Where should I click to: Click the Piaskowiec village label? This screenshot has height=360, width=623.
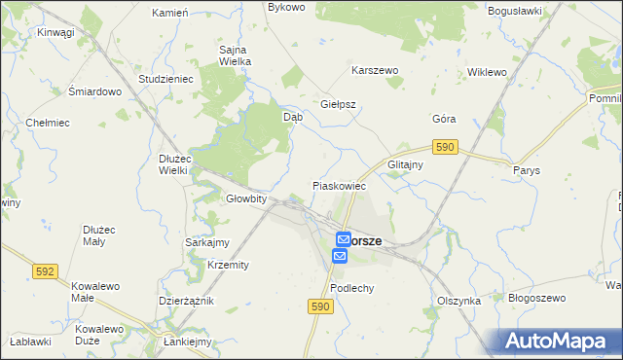pyautogui.click(x=338, y=185)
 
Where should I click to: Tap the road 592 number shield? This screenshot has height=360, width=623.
pyautogui.click(x=45, y=271)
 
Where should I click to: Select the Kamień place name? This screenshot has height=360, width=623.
pyautogui.click(x=171, y=13)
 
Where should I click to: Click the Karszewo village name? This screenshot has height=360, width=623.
pyautogui.click(x=375, y=71)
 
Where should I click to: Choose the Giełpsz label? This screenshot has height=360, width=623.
pyautogui.click(x=339, y=103)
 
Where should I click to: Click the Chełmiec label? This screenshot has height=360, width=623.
pyautogui.click(x=47, y=123)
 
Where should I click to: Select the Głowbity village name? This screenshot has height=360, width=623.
pyautogui.click(x=246, y=198)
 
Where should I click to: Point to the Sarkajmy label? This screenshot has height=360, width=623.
pyautogui.click(x=207, y=242)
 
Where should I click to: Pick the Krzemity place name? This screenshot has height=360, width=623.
pyautogui.click(x=229, y=265)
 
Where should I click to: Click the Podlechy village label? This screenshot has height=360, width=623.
pyautogui.click(x=352, y=289)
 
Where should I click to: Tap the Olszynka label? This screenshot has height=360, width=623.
pyautogui.click(x=459, y=301)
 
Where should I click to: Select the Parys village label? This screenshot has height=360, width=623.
pyautogui.click(x=526, y=169)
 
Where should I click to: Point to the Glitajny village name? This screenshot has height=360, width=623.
pyautogui.click(x=405, y=164)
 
